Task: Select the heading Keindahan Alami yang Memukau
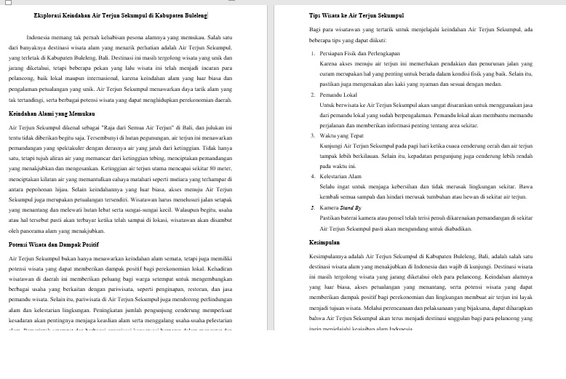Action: (52, 115)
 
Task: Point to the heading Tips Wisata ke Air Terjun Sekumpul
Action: (356, 15)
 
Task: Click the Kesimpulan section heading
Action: (326, 241)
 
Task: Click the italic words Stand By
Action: (353, 207)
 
